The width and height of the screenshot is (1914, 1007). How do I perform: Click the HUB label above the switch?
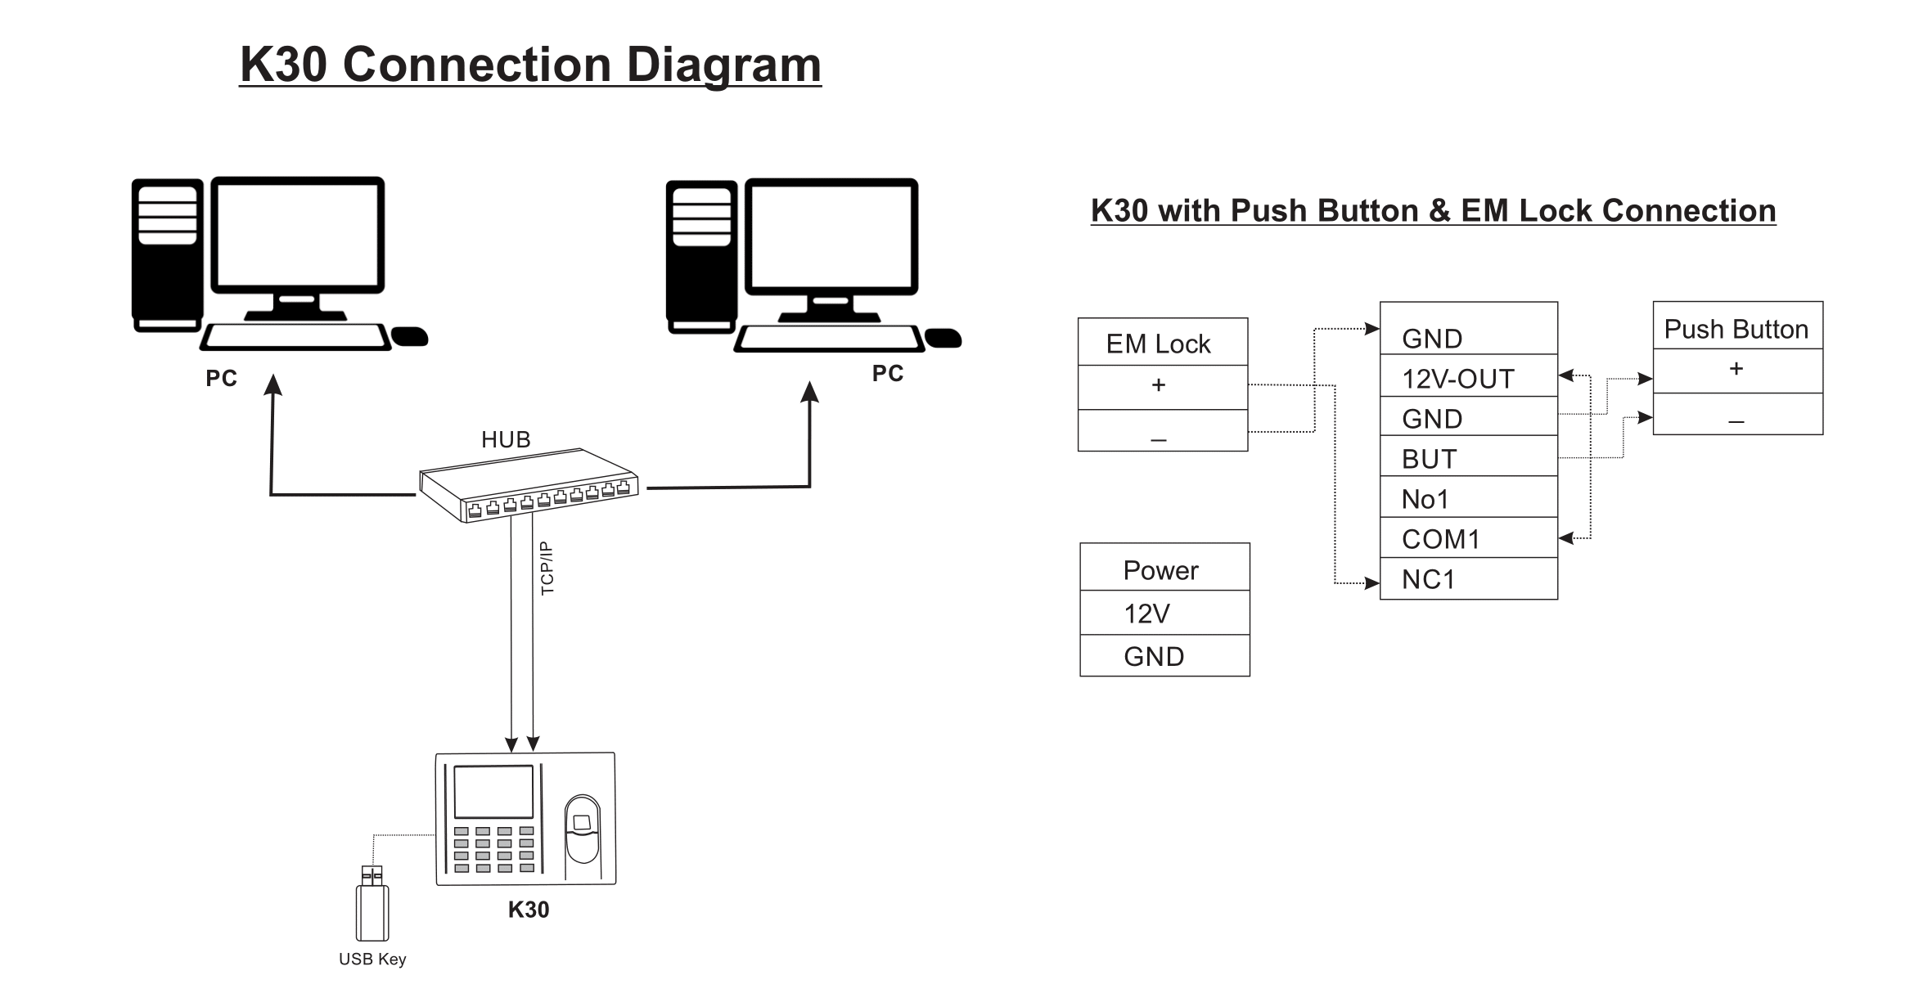pyautogui.click(x=506, y=440)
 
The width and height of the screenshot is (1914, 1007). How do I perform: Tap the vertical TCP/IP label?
pyautogui.click(x=547, y=569)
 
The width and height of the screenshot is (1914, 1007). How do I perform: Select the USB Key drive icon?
pyautogui.click(x=372, y=904)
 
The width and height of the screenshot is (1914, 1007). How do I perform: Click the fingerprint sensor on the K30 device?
pyautogui.click(x=582, y=828)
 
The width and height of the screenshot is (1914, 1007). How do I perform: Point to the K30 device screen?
pyautogui.click(x=493, y=792)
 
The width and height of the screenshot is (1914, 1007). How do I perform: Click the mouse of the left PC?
pyautogui.click(x=410, y=336)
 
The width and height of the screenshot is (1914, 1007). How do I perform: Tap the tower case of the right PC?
pyautogui.click(x=701, y=258)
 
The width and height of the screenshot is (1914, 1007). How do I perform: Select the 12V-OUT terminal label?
pyautogui.click(x=1458, y=379)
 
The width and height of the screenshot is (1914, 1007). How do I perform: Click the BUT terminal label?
pyautogui.click(x=1430, y=459)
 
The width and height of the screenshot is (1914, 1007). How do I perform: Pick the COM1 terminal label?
pyautogui.click(x=1441, y=539)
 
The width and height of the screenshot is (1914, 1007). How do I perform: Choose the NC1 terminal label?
pyautogui.click(x=1429, y=579)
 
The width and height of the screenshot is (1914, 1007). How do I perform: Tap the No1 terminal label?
pyautogui.click(x=1425, y=499)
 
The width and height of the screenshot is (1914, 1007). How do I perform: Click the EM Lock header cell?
pyautogui.click(x=1163, y=342)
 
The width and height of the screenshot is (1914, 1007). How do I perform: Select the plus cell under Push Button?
pyautogui.click(x=1738, y=371)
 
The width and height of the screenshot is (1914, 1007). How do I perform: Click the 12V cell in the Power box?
pyautogui.click(x=1164, y=613)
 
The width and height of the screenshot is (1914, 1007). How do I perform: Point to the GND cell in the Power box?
pyautogui.click(x=1164, y=655)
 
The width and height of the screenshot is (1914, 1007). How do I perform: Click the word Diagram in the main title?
pyautogui.click(x=723, y=65)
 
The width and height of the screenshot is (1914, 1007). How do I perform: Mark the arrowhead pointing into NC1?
pyautogui.click(x=1372, y=583)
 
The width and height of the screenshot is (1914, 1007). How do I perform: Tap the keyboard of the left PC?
pyautogui.click(x=295, y=337)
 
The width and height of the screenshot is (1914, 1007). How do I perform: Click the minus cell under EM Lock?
pyautogui.click(x=1163, y=430)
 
